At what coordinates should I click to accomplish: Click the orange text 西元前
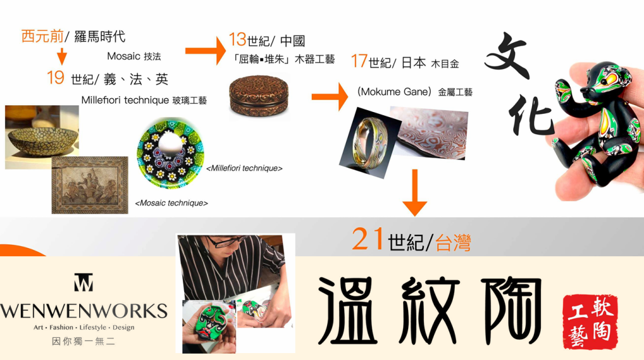pos(42,36)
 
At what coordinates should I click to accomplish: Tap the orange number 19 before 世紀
pos(55,77)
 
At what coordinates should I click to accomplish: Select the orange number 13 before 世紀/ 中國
pos(237,40)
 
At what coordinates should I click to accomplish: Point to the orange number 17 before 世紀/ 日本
pos(359,61)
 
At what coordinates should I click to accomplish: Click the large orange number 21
pos(368,239)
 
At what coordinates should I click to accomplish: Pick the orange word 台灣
pos(453,242)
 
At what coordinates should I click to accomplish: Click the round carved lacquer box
pos(258,95)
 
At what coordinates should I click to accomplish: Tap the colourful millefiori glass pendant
pos(170,154)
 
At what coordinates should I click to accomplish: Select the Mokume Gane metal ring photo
pos(369,143)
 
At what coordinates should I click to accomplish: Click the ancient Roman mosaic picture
pos(90,185)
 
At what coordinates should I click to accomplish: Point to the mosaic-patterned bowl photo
pos(42,137)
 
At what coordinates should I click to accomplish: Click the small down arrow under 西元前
pos(62,56)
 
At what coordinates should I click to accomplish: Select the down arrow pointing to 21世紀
pos(414,193)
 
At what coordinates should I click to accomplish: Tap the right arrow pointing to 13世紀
pos(206,50)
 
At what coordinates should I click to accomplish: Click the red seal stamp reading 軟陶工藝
pos(590,322)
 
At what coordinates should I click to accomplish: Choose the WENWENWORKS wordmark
pos(84,311)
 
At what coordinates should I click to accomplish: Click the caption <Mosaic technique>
pos(172,203)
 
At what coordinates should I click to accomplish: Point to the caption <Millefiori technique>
pos(245,168)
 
